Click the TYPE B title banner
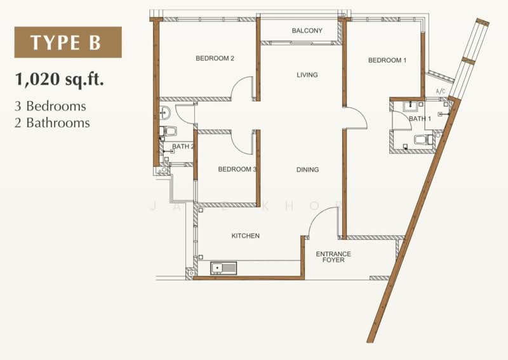point(68,43)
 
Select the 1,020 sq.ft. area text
point(60,80)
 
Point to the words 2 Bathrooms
point(51,123)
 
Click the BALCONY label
point(307,30)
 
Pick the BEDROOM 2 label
point(215,58)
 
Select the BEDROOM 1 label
point(387,60)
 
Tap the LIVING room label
point(307,75)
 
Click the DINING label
point(307,170)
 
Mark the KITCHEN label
point(245,236)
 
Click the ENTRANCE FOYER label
point(333,257)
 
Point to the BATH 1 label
point(419,119)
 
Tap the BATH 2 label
point(183,147)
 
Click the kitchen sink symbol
point(224,268)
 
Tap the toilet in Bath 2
point(168,131)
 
